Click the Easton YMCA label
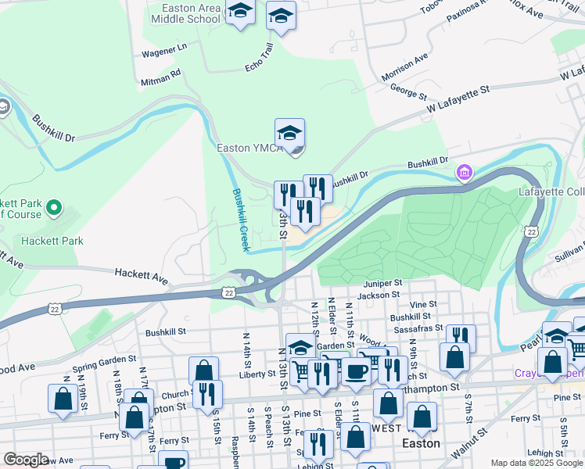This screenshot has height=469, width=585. [249, 149]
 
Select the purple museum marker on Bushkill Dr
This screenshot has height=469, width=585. [465, 171]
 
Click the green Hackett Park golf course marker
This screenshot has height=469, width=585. [53, 208]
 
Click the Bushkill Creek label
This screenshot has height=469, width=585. [240, 220]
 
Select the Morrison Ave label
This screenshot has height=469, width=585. [405, 68]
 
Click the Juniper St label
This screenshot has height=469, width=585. [382, 283]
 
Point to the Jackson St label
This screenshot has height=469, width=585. [379, 295]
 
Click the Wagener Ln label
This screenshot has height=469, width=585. [164, 51]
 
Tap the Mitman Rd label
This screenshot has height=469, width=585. [160, 75]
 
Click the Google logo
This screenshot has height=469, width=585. [25, 459]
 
